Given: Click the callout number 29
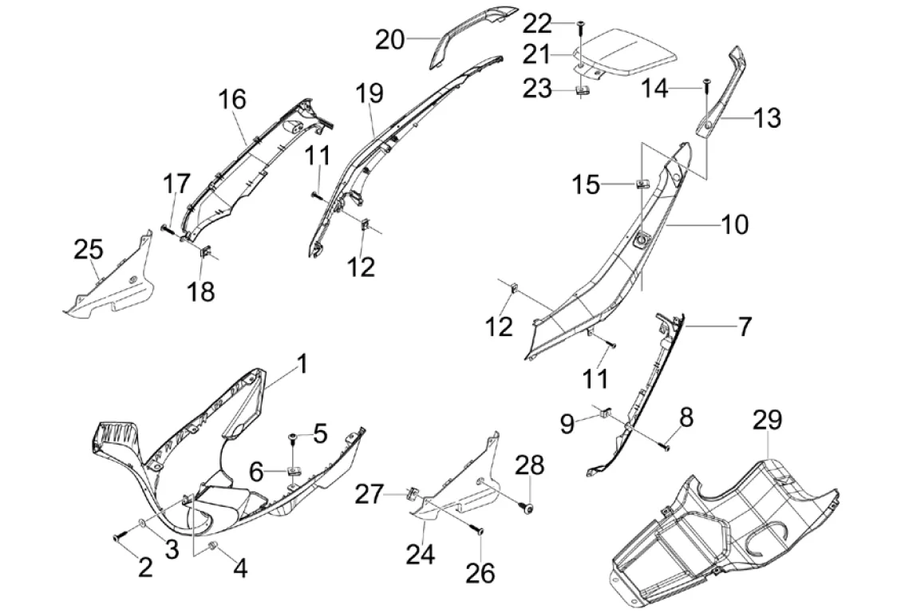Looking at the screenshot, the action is (767, 420).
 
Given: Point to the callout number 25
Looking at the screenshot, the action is (89, 250).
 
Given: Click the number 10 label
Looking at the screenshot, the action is (734, 224).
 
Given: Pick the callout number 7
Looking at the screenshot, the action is (744, 326).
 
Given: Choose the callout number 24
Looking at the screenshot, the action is (421, 553).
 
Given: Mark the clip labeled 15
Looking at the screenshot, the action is (642, 184).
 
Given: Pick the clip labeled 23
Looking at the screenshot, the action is (583, 89).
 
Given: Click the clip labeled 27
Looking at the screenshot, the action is (410, 492).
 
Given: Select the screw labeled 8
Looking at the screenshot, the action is (666, 446).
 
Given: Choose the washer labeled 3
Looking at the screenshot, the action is (140, 523).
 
